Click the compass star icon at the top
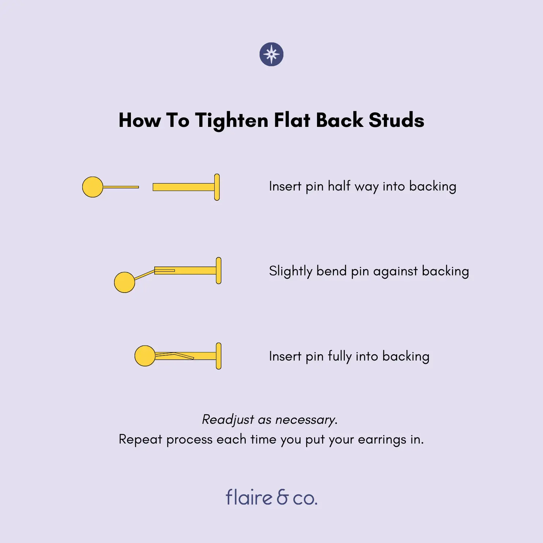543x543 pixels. [271, 54]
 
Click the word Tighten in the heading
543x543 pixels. [231, 121]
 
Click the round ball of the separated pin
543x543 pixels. [93, 187]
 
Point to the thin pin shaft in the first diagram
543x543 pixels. [121, 187]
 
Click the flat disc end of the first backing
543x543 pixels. [217, 187]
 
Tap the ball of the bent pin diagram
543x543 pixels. [125, 282]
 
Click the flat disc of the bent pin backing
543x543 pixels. [219, 271]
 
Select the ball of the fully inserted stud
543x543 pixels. [145, 356]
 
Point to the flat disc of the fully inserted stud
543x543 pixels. [219, 356]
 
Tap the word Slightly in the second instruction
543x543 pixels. [291, 271]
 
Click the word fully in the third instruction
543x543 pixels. [340, 356]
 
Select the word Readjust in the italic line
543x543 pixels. [228, 420]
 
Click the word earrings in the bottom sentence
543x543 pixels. [382, 440]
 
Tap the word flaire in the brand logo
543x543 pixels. [249, 497]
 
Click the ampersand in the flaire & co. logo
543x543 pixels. [283, 497]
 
